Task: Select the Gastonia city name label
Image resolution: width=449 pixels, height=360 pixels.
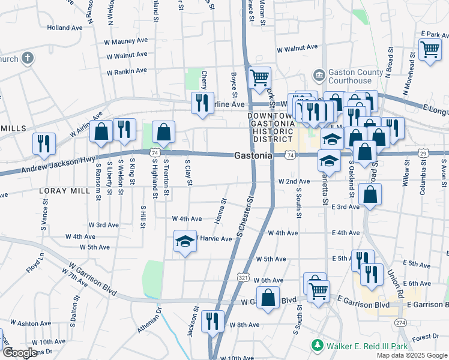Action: [253, 155]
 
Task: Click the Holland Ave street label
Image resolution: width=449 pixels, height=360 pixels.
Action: [65, 28]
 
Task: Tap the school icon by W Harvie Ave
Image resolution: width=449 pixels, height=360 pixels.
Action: [185, 241]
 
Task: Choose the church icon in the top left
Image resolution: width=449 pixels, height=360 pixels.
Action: [28, 58]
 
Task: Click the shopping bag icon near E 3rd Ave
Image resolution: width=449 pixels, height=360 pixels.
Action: [370, 194]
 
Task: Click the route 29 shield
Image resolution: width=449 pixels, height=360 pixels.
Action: [423, 155]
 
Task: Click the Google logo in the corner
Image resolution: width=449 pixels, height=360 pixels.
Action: [20, 353]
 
